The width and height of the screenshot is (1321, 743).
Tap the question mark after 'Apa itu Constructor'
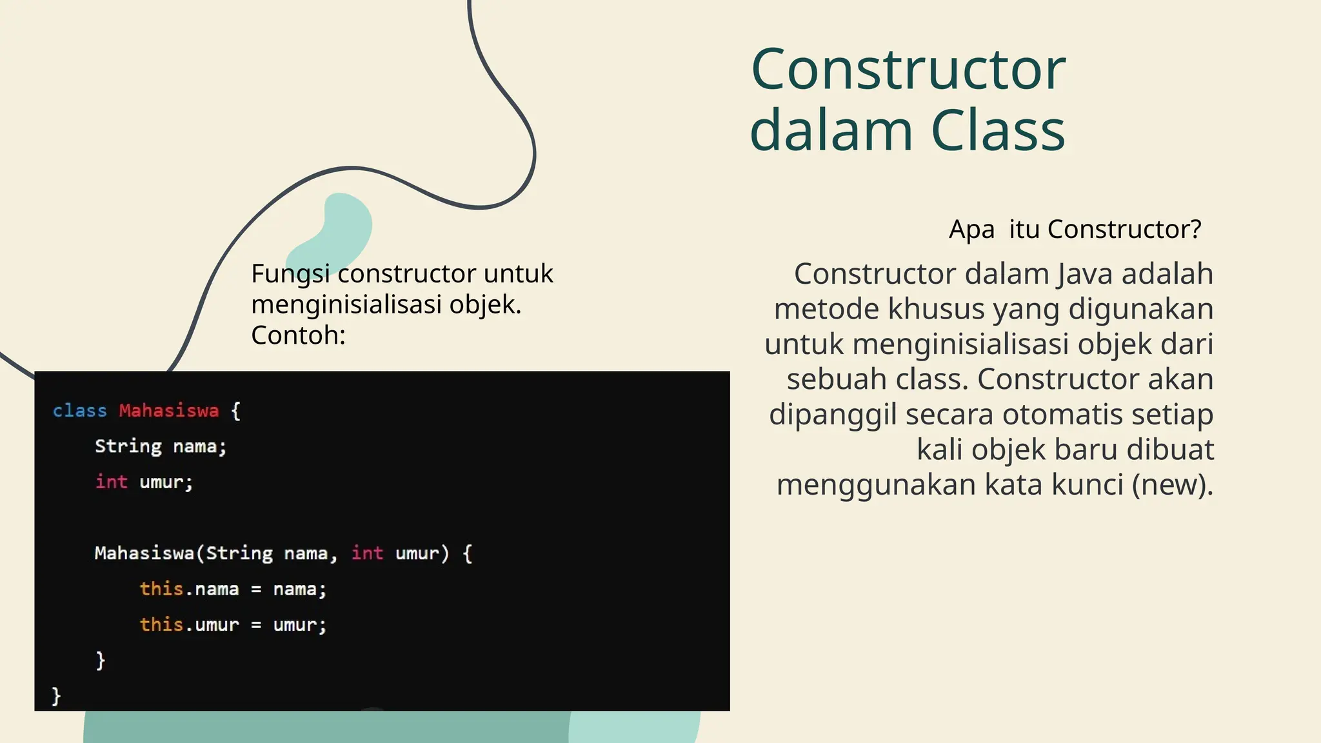1195,229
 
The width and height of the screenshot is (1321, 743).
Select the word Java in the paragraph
1085,274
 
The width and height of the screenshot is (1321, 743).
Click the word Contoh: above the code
298,335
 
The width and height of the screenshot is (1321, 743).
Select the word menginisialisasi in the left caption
346,304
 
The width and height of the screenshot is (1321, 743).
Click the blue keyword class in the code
79,411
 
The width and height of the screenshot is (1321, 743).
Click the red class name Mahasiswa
168,411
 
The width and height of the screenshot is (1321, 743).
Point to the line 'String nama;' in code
161,446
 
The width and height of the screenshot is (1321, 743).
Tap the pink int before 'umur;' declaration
111,482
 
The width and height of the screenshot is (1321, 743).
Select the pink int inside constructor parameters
367,553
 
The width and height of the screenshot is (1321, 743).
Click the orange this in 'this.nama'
161,589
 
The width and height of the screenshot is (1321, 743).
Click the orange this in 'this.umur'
161,624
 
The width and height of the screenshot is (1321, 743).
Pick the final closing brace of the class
56,695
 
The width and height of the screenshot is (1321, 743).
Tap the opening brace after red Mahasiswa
235,411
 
